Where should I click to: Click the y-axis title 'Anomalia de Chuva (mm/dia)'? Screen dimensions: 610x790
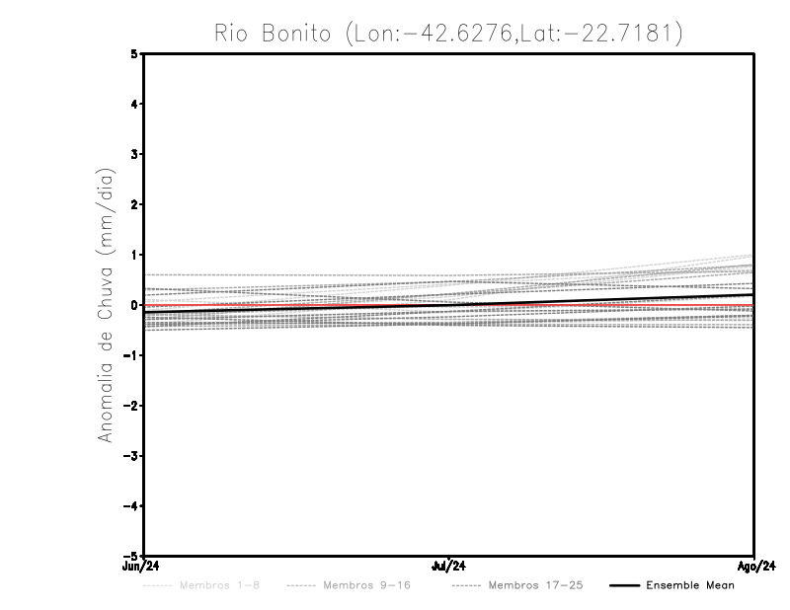pos(106,305)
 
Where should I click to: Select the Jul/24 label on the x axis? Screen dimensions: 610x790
pos(449,567)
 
